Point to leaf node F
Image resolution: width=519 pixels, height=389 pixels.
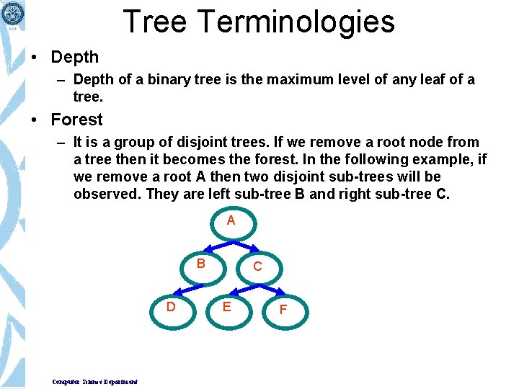point(283,310)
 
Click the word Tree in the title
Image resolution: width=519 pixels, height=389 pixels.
point(154,22)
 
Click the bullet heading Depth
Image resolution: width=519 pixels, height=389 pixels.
point(75,56)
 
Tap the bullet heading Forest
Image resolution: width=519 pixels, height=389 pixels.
point(77,120)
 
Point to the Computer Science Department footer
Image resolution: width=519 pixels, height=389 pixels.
point(95,381)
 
